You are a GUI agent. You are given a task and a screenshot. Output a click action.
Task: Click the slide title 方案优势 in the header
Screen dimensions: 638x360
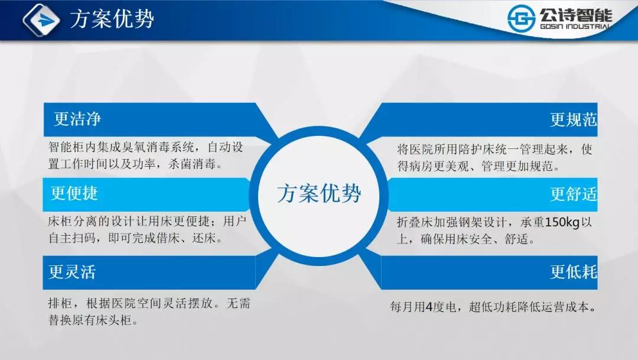[x=112, y=19]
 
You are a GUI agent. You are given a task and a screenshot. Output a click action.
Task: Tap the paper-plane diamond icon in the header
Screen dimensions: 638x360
[x=41, y=20]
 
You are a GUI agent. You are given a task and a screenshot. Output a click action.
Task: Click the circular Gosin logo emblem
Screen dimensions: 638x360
[x=521, y=18]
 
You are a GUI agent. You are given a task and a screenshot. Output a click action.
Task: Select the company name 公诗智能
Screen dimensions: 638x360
[x=576, y=15]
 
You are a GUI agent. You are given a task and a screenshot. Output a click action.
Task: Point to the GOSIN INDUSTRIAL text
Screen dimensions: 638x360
[x=575, y=27]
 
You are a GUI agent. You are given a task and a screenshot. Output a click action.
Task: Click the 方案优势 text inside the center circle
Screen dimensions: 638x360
[x=319, y=193]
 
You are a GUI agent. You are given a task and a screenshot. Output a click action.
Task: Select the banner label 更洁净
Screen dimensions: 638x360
[x=77, y=119]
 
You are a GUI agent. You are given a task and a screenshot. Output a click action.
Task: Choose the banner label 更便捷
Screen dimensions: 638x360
[x=74, y=193]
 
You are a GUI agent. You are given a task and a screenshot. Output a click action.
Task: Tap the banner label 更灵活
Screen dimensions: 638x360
[x=73, y=272]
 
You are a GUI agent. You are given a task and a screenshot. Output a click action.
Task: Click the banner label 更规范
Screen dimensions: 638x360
[x=573, y=120]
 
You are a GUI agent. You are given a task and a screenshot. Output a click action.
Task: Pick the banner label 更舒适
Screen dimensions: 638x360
[x=573, y=194]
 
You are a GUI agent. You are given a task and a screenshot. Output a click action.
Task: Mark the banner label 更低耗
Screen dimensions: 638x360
[x=573, y=272]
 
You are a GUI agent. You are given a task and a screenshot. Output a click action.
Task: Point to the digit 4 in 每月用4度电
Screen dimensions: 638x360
[x=429, y=307]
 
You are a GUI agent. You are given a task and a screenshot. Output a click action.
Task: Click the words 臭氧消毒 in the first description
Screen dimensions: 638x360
[x=145, y=147]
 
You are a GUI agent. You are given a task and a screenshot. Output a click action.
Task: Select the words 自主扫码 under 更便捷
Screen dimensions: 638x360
[x=72, y=238]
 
